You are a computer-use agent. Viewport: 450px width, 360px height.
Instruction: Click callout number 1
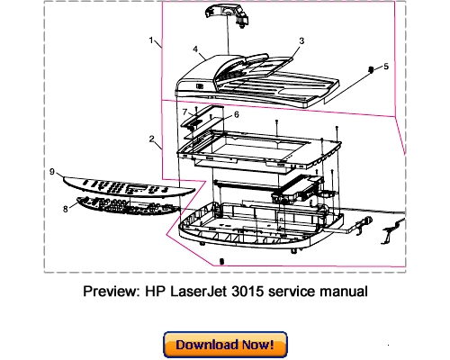(x=151, y=40)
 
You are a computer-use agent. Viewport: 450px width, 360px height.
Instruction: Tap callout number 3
(x=301, y=40)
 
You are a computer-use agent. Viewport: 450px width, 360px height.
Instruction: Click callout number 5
(x=386, y=66)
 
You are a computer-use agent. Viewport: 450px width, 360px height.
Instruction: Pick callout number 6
(x=236, y=114)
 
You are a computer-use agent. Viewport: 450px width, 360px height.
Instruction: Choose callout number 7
(x=184, y=112)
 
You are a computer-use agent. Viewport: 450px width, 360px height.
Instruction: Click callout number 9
(x=52, y=170)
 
